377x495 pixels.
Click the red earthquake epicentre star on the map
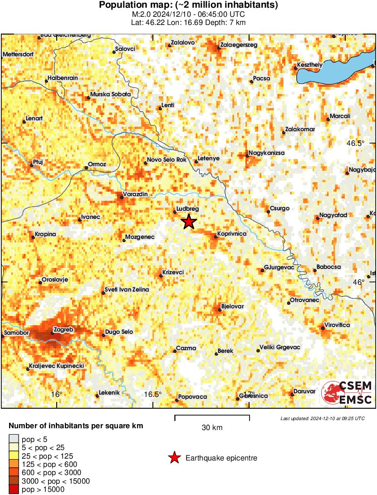pyautogui.click(x=189, y=222)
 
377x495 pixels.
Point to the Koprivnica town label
pyautogui.click(x=232, y=233)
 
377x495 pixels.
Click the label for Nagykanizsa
pyautogui.click(x=267, y=153)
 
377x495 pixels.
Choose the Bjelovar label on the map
pyautogui.click(x=232, y=306)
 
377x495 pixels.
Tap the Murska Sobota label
pyautogui.click(x=111, y=94)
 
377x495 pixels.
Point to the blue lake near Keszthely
pyautogui.click(x=336, y=73)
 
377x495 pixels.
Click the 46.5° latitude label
pyautogui.click(x=355, y=143)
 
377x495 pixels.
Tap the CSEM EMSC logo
pyautogui.click(x=347, y=393)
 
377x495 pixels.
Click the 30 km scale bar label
pyautogui.click(x=212, y=428)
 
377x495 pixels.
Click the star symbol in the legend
pyautogui.click(x=174, y=458)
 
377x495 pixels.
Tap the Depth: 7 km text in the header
pyautogui.click(x=227, y=22)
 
